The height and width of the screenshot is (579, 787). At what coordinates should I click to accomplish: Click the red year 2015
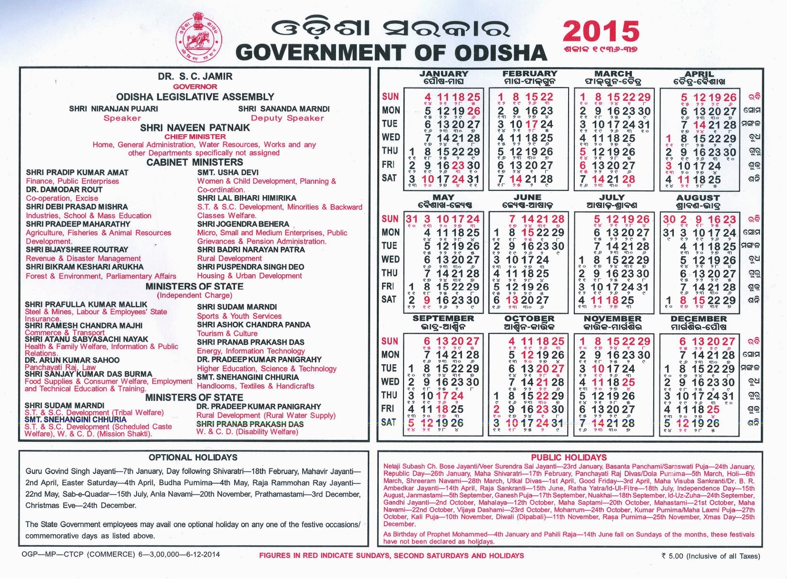click(601, 31)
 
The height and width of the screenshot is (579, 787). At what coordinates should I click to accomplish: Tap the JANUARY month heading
click(443, 74)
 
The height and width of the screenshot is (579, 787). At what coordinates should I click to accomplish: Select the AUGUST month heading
click(698, 198)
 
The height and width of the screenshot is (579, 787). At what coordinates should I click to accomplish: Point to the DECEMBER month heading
click(698, 319)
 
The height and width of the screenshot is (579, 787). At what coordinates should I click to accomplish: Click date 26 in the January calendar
click(473, 111)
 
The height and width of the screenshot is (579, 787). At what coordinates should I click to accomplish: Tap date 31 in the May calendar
click(411, 220)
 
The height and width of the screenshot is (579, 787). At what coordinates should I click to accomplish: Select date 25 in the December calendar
click(713, 409)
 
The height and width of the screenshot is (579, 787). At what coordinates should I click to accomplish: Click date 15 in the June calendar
click(528, 233)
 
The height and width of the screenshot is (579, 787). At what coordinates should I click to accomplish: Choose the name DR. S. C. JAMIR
click(195, 77)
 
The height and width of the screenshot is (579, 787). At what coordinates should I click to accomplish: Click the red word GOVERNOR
click(195, 87)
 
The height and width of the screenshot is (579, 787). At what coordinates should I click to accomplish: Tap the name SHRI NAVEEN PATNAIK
click(195, 128)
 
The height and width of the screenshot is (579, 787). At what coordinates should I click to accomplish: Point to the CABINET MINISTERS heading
click(195, 162)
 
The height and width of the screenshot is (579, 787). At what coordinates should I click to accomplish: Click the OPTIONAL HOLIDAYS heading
click(193, 458)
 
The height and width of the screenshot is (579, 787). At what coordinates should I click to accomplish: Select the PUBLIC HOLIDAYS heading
click(569, 458)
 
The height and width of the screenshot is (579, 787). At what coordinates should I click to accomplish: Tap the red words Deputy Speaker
click(287, 118)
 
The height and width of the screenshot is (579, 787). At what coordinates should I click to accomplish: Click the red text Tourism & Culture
click(227, 333)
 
